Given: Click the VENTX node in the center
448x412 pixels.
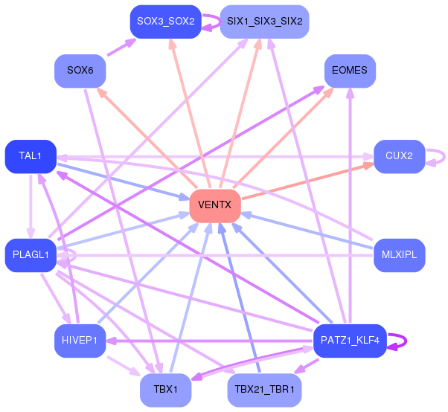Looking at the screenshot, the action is [215, 205].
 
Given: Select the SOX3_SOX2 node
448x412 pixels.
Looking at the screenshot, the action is [166, 22].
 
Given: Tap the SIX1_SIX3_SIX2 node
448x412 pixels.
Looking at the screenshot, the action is [265, 22].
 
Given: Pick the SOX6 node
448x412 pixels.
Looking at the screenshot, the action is [80, 71].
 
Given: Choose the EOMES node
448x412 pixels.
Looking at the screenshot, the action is [350, 71].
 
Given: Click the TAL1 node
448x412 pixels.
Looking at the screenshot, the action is [31, 156].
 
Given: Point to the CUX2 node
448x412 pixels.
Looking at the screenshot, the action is [400, 156].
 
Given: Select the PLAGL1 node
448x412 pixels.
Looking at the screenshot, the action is [31, 255].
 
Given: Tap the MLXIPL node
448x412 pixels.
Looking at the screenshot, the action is [400, 255].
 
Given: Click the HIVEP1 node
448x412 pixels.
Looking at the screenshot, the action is [80, 341].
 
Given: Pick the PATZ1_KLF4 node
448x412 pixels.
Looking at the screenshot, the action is [350, 341].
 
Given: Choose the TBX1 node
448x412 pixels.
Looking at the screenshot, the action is [166, 390].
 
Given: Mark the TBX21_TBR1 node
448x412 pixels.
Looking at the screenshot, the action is [265, 390].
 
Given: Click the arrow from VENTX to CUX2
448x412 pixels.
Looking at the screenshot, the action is [307, 181].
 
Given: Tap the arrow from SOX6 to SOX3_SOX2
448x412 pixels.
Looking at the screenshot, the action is [121, 47].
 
